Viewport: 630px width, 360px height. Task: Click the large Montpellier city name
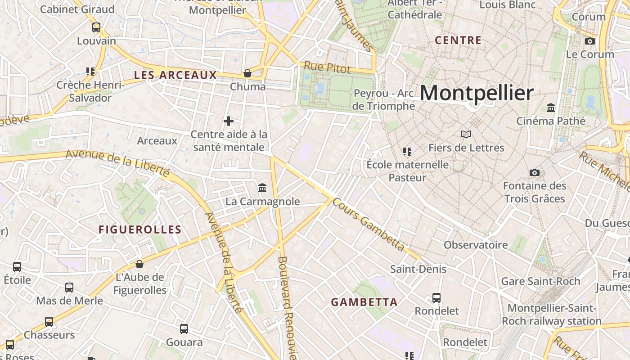click(x=477, y=93)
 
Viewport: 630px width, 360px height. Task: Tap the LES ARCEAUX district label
click(x=175, y=75)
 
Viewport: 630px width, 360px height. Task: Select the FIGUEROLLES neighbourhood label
click(x=140, y=229)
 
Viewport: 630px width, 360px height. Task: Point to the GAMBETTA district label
click(x=364, y=302)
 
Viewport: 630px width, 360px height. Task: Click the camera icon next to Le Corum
click(x=589, y=41)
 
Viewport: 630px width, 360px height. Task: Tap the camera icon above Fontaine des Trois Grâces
click(x=535, y=172)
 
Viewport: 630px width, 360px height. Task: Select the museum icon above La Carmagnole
click(x=262, y=187)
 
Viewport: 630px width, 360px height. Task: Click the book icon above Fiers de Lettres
click(x=466, y=134)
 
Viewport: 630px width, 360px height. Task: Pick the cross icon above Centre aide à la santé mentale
click(x=229, y=121)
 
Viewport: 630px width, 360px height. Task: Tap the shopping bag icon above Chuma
click(x=247, y=73)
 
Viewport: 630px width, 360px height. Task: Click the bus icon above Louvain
click(x=96, y=27)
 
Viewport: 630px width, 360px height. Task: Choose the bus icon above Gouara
click(x=184, y=329)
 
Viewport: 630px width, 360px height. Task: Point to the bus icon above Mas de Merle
click(x=69, y=287)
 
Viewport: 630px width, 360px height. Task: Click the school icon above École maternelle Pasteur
click(x=407, y=151)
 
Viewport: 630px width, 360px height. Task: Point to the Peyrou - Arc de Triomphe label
click(x=384, y=99)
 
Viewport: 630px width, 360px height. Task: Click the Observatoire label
click(x=476, y=245)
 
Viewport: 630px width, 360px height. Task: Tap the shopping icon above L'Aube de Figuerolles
click(x=139, y=264)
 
